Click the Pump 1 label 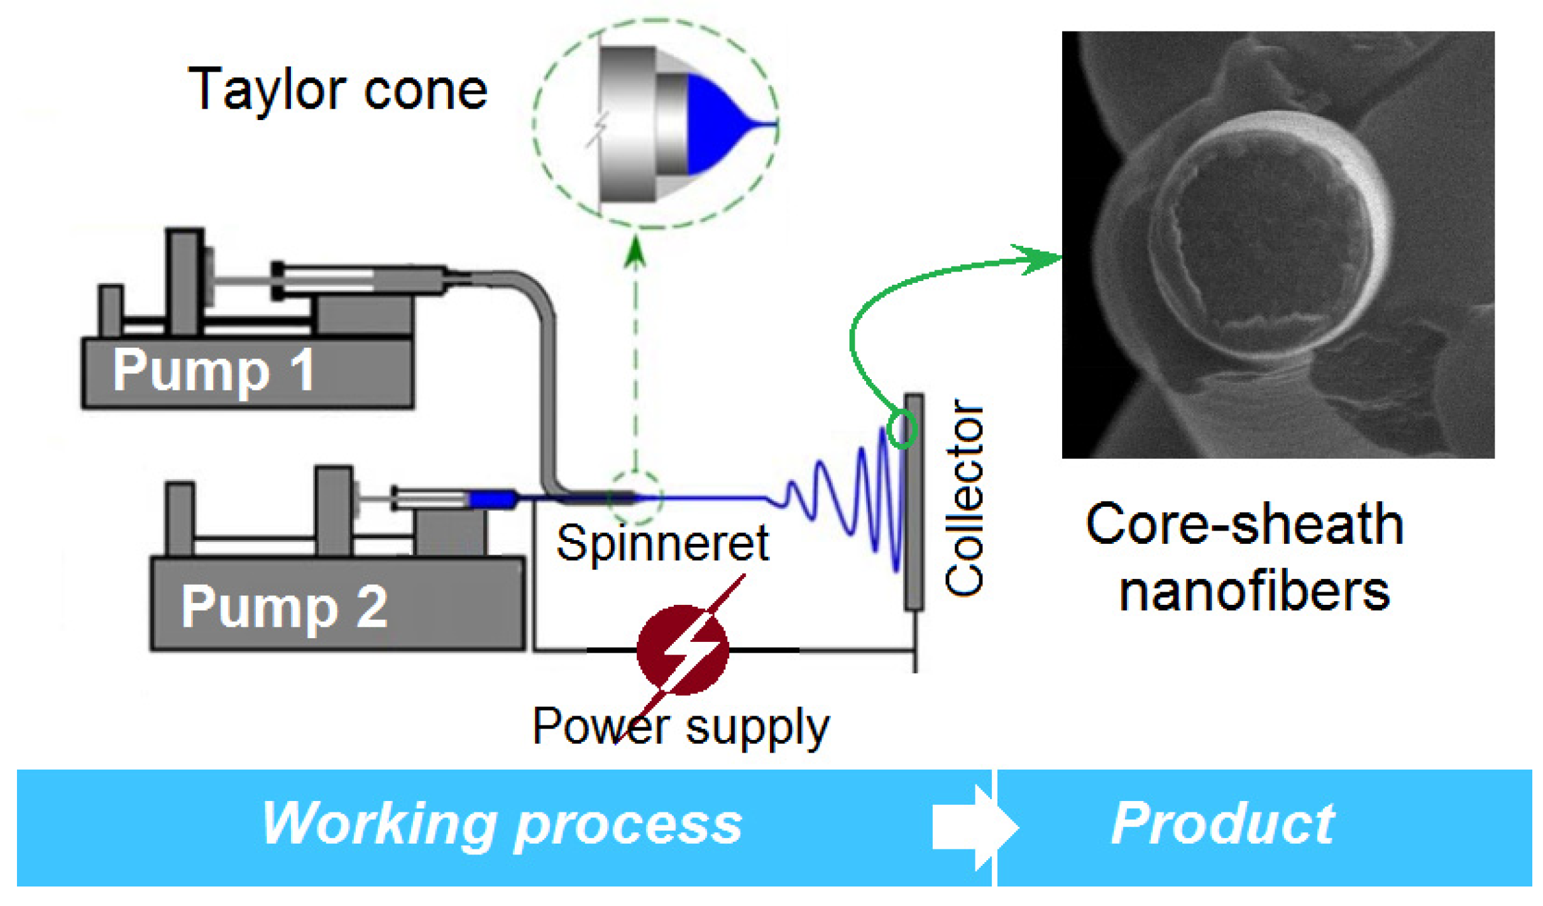tap(214, 372)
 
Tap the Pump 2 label tap(284, 607)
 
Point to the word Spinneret tap(662, 543)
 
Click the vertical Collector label tap(964, 497)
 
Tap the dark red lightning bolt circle tap(683, 650)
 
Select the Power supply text tap(681, 727)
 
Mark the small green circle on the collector tap(903, 429)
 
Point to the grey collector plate tap(914, 501)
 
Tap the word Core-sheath tap(1244, 523)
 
